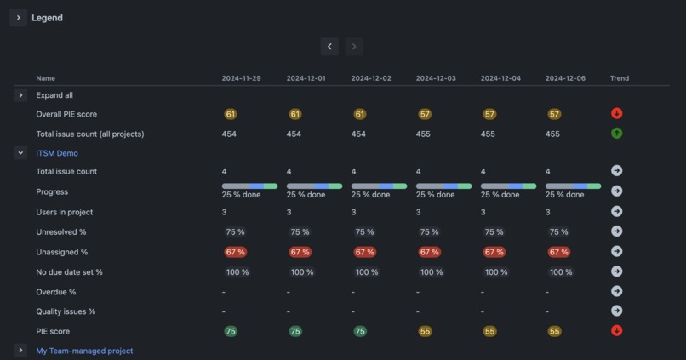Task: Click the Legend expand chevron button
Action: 19,18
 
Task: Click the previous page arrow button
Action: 330,47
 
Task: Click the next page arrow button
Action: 354,47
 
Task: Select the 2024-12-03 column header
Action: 436,78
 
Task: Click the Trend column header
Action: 620,78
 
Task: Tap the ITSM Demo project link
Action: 57,153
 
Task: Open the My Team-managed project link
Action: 84,351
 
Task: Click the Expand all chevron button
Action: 21,95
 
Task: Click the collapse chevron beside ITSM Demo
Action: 21,153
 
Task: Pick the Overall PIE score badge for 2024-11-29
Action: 231,114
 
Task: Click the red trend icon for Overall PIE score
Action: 617,113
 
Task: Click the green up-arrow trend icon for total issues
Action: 617,133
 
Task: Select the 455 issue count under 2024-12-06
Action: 553,134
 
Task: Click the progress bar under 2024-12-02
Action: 379,186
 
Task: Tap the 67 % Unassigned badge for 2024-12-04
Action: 494,252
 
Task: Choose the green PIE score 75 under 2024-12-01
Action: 295,332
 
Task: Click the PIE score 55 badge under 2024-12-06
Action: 554,332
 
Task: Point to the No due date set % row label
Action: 69,272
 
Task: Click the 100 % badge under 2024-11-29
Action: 237,272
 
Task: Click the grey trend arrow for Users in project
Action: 617,211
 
